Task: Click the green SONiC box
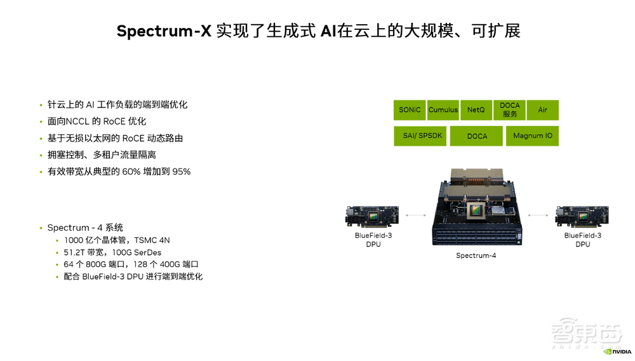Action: point(410,110)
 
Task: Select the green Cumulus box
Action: point(443,110)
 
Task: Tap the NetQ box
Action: point(476,110)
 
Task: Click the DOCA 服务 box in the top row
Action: point(509,110)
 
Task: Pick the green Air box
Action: point(542,110)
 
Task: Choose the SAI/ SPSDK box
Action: point(420,136)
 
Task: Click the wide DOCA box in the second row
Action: point(476,136)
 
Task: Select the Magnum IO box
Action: point(532,136)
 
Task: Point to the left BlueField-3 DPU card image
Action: point(372,217)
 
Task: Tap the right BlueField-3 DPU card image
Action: point(582,217)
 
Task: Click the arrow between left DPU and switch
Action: point(416,215)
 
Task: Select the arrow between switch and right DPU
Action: point(538,215)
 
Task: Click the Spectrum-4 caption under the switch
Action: point(476,255)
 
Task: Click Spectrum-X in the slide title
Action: point(163,31)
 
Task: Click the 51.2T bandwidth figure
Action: point(75,252)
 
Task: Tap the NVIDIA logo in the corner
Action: point(617,351)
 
